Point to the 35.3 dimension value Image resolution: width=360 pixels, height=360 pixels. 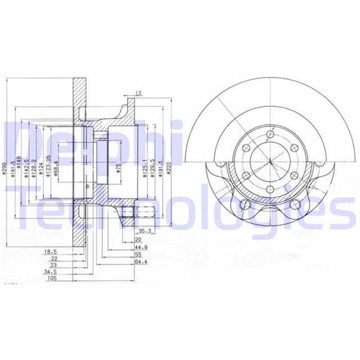coord(144,230)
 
